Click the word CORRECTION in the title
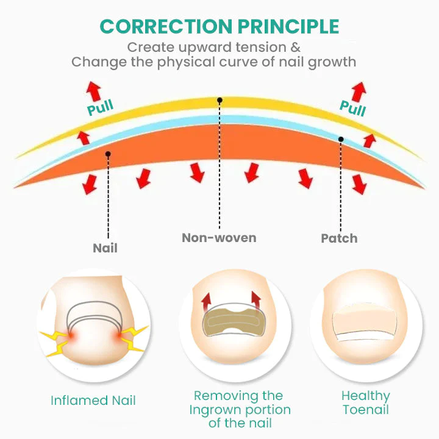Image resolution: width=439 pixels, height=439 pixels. point(166,27)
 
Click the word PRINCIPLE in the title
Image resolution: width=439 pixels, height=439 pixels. point(288,27)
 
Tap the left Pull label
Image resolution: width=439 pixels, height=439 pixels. point(100,107)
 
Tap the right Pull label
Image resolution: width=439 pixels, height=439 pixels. point(352,109)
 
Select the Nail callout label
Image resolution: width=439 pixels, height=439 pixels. point(105,248)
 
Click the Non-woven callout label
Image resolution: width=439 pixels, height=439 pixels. point(219,238)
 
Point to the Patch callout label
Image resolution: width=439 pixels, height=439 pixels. point(339,238)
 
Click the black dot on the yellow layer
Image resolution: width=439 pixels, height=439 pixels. point(220,100)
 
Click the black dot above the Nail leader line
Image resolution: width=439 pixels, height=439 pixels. point(108,154)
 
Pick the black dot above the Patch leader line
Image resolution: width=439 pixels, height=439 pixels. point(341,139)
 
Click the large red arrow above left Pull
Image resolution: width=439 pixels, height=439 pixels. point(93,91)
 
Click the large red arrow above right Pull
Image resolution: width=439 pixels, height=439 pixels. point(359,92)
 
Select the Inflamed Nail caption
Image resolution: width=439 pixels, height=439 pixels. point(93,401)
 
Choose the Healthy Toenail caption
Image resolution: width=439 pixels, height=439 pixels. point(366,402)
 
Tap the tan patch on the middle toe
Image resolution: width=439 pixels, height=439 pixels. point(233,321)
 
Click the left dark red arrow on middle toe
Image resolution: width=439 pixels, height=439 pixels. point(206,302)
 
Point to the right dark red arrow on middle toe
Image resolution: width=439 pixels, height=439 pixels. point(256,301)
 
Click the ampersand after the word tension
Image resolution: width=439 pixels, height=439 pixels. point(295,47)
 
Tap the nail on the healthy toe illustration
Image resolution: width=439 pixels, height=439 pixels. point(365,326)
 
